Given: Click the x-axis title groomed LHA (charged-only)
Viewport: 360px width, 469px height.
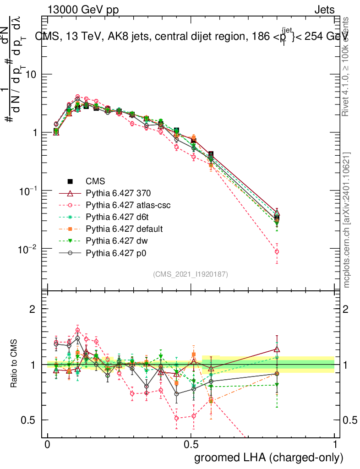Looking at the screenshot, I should click(x=269, y=458).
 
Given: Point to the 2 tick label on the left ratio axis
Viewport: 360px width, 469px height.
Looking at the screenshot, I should click(x=33, y=309).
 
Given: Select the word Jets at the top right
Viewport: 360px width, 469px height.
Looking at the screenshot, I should click(x=324, y=10).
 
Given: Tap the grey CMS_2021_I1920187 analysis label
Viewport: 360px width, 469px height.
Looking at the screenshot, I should click(x=191, y=274).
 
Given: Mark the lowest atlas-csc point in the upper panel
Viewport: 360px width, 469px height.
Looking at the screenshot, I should click(x=277, y=251).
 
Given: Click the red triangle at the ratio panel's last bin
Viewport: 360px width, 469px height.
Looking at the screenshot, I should click(x=277, y=349).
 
